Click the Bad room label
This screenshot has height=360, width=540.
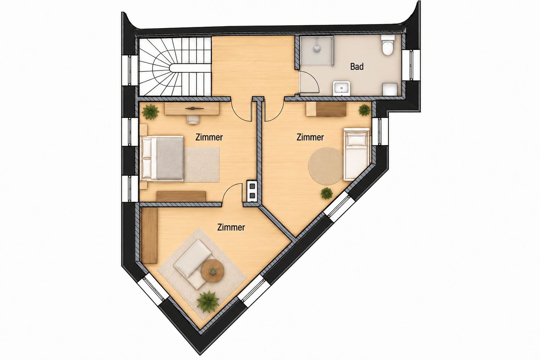pos(357,67)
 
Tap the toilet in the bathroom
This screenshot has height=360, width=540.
pos(388,45)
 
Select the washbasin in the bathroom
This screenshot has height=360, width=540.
pos(341,88)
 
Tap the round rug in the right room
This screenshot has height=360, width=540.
pos(325,166)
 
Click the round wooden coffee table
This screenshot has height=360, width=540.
pos(212,271)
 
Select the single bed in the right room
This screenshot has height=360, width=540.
pos(357,154)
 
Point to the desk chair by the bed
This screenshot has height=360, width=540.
pos(193,119)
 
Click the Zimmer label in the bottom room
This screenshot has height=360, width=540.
pos(231,227)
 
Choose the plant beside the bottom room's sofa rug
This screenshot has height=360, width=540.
pos(208,301)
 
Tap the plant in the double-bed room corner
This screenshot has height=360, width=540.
pos(150,112)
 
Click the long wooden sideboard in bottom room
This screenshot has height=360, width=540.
pos(150,235)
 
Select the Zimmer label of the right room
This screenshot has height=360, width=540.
pos(310,137)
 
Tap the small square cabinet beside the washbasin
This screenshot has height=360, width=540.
pos(390,89)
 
